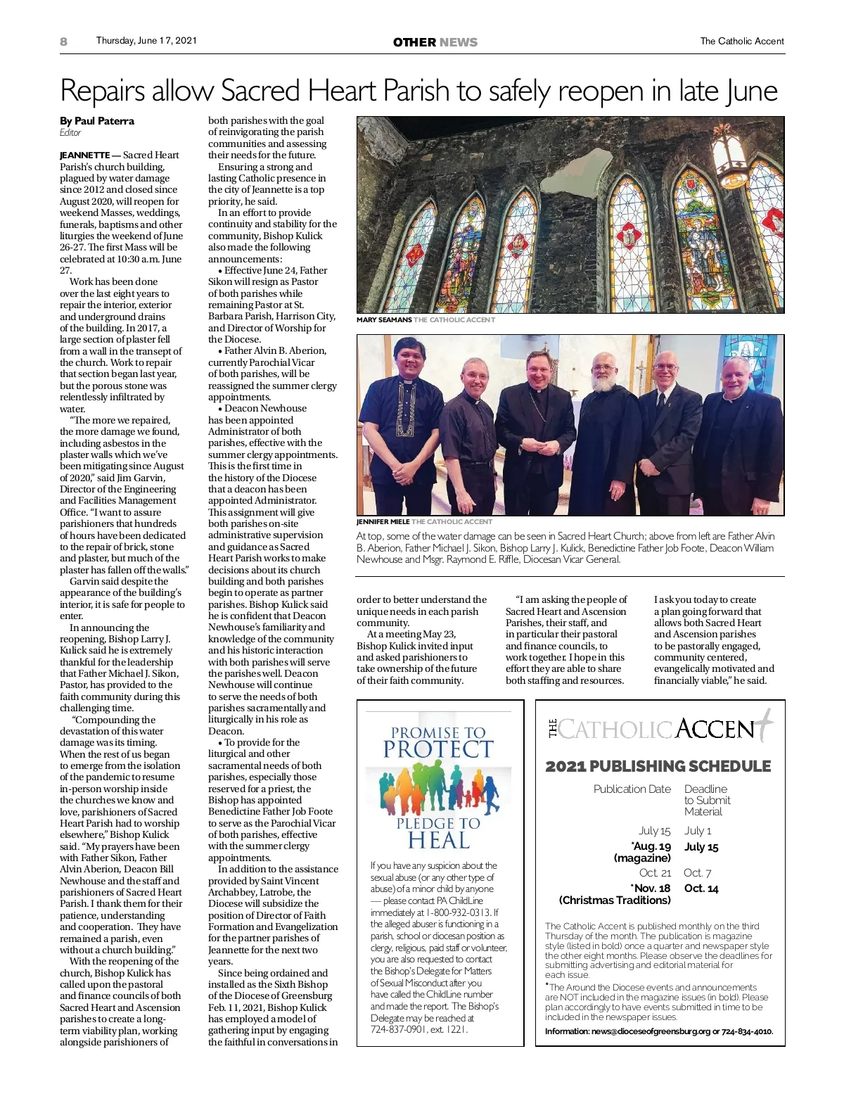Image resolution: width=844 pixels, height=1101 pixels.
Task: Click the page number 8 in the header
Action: pos(64,42)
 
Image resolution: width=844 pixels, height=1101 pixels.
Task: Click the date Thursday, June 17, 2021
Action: pos(146,41)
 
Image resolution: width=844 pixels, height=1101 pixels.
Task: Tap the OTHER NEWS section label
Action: pos(435,42)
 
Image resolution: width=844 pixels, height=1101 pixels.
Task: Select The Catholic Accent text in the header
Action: pos(741,42)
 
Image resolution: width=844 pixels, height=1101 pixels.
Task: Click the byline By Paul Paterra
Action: pos(97,121)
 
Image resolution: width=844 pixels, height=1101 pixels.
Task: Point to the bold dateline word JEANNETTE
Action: pos(84,155)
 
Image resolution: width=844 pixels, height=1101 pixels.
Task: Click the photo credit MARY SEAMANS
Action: pos(384,320)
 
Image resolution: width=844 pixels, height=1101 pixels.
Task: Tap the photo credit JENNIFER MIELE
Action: pos(383,522)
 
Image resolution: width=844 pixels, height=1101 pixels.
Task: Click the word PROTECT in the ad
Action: pos(439,749)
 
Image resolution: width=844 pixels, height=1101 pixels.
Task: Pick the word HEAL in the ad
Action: pos(439,841)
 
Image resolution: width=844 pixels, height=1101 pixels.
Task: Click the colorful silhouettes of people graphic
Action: pos(439,789)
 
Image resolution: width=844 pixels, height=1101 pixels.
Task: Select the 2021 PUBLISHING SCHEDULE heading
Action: pos(658,766)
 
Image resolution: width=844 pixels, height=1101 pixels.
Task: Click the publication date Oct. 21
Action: pos(655,873)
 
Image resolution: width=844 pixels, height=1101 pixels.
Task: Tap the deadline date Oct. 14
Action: pos(701,889)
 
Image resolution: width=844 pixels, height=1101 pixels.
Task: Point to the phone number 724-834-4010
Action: pos(747,1032)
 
